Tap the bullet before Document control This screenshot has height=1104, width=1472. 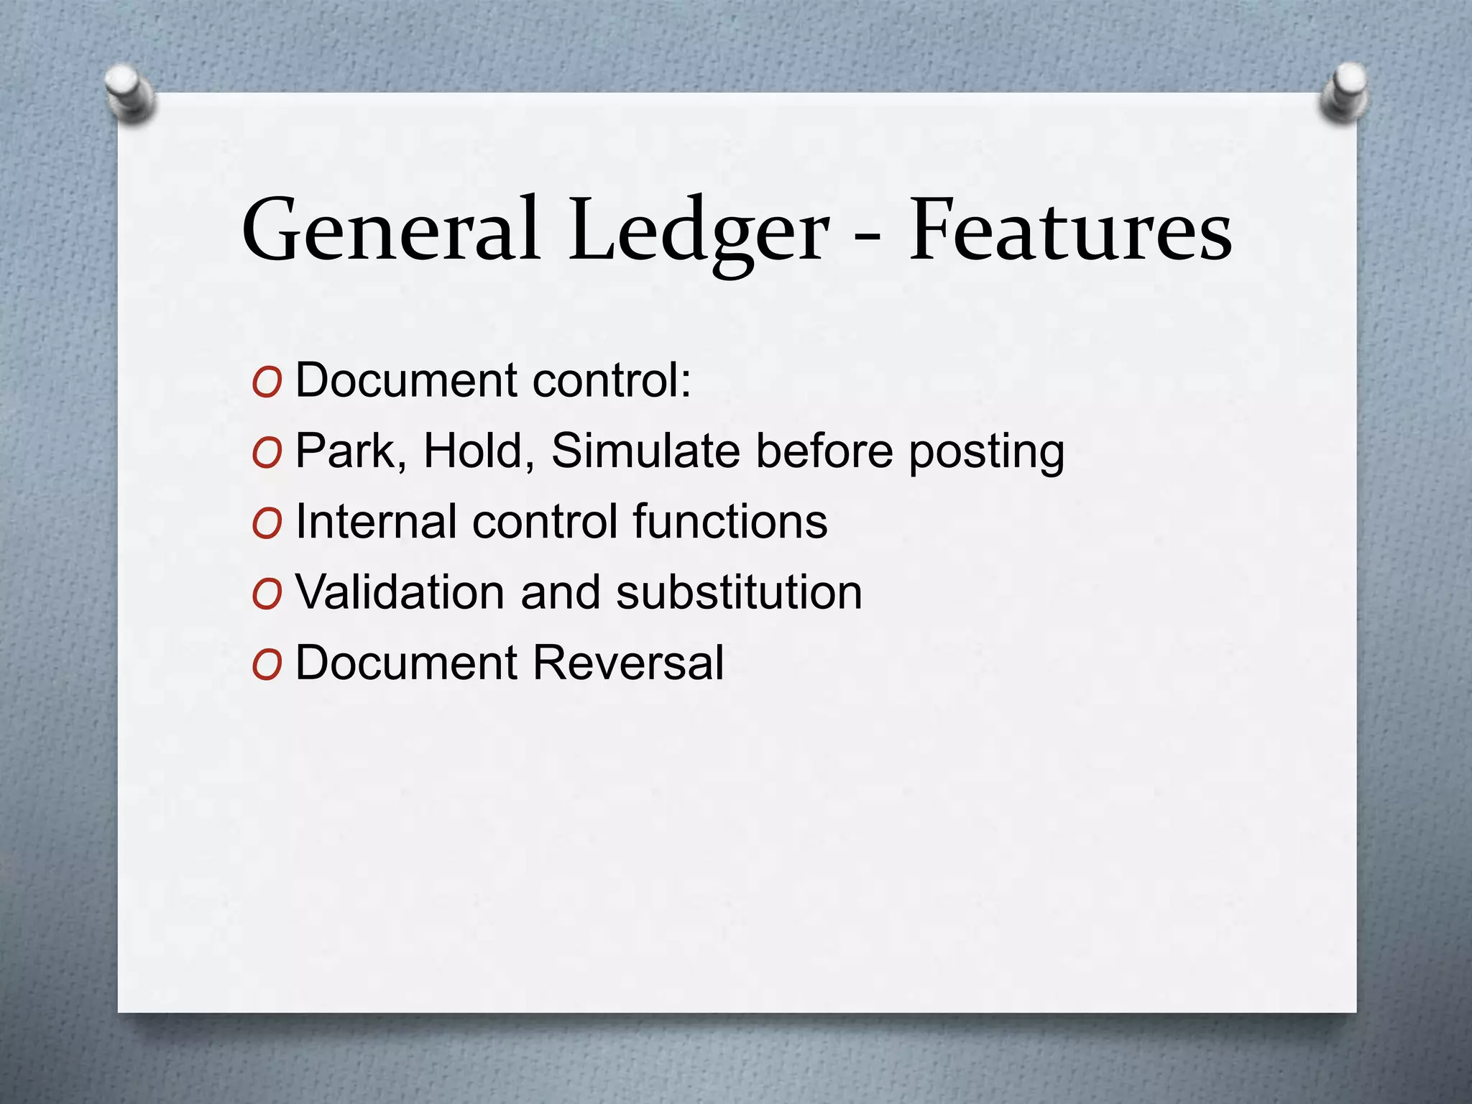click(x=267, y=384)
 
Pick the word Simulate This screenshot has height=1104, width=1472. click(x=645, y=451)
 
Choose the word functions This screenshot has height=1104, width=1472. click(x=730, y=521)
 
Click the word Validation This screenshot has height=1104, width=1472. click(x=400, y=592)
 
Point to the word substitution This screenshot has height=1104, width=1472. click(x=739, y=592)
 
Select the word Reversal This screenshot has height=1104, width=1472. click(x=628, y=662)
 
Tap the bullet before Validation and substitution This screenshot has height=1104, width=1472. click(x=267, y=596)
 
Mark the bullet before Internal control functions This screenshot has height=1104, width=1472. click(x=267, y=525)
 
